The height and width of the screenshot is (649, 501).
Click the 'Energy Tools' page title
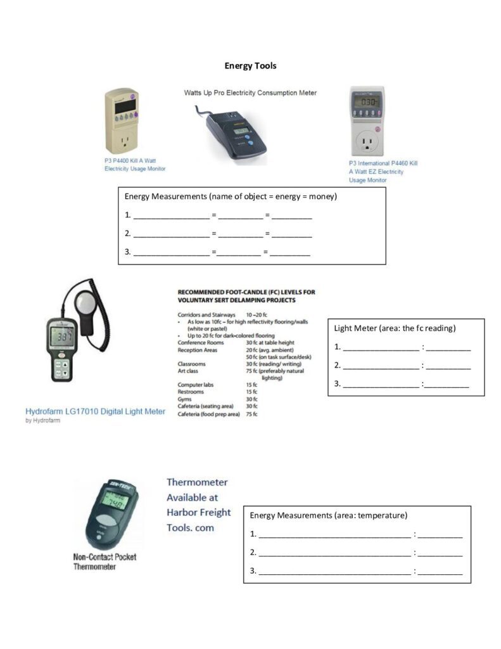pyautogui.click(x=250, y=66)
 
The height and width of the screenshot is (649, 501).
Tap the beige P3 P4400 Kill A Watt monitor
pyautogui.click(x=122, y=122)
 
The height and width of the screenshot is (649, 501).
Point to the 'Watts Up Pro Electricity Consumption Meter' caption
pyautogui.click(x=250, y=93)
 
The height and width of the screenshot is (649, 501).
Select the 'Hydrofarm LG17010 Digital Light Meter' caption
pyautogui.click(x=96, y=411)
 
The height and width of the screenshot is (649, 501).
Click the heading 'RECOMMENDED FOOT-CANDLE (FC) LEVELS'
pyautogui.click(x=246, y=292)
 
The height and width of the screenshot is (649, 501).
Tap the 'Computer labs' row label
pyautogui.click(x=195, y=385)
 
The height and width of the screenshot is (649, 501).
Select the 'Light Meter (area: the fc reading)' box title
pyautogui.click(x=395, y=328)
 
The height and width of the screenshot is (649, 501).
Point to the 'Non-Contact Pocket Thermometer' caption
pyautogui.click(x=105, y=562)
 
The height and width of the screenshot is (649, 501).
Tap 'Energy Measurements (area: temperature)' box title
pyautogui.click(x=328, y=516)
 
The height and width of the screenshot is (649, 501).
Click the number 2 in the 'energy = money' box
pyautogui.click(x=127, y=234)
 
